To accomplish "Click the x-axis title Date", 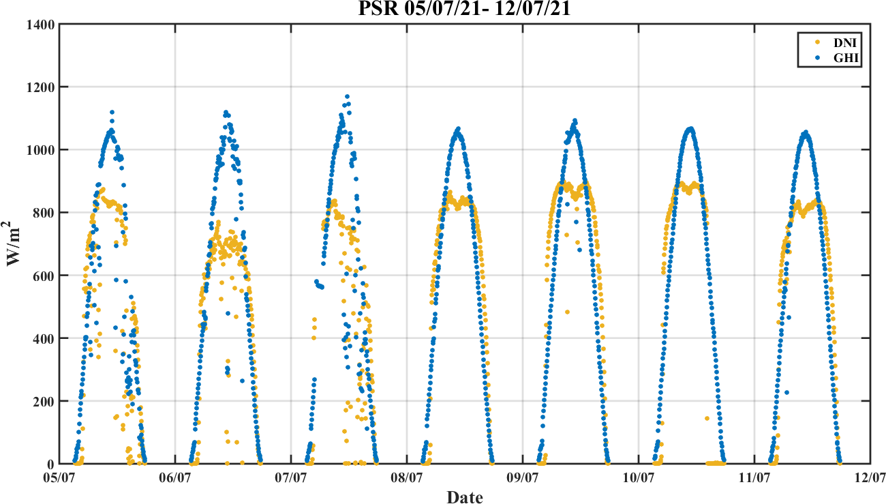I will coord(465,497).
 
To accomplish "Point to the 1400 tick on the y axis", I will coord(42,25).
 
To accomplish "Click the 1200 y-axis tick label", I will coord(42,87).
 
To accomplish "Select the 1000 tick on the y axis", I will coord(42,150).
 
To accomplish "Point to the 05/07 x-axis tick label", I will coord(60,479).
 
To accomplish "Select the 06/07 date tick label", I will coord(175,479).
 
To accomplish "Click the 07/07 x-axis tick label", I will coord(291,479).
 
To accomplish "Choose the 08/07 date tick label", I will coord(407,479).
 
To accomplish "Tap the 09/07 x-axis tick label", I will coord(523,479).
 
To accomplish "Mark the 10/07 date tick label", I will coord(639,479).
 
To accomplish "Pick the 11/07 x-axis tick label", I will coord(754,479).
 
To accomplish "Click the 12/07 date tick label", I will coord(870,479).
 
